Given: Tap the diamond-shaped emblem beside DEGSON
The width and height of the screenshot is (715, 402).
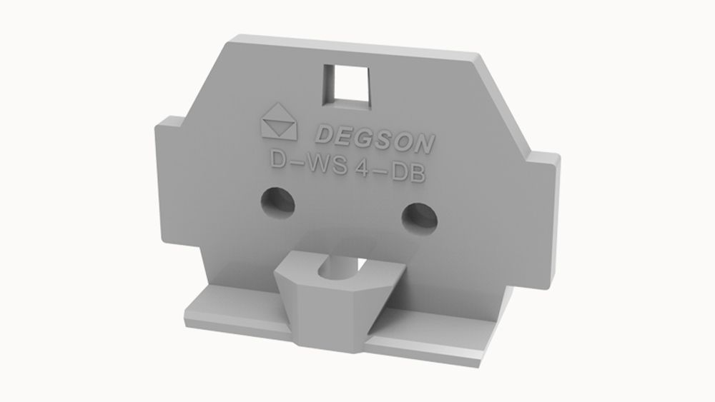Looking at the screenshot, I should [x=279, y=123].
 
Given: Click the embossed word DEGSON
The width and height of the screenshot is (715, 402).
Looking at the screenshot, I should [x=373, y=138].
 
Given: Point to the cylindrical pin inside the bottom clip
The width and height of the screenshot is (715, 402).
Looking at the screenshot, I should [x=335, y=268].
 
